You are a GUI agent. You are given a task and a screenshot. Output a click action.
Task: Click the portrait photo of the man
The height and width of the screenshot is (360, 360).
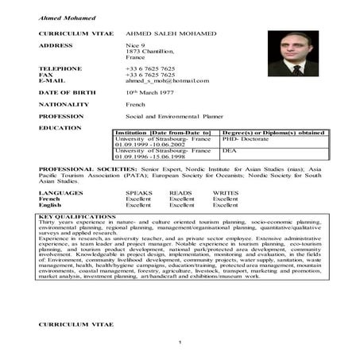(292, 53)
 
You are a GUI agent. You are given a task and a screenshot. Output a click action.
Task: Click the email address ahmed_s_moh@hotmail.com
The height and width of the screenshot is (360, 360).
(167, 80)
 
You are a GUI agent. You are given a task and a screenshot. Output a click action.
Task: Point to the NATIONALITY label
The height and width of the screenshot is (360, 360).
(64, 104)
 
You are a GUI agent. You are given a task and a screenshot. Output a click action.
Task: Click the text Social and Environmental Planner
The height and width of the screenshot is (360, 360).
(173, 116)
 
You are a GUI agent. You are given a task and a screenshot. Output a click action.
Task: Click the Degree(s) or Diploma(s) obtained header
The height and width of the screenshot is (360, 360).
(273, 132)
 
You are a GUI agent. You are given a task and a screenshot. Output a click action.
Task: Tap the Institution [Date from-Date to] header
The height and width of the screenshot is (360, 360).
(163, 132)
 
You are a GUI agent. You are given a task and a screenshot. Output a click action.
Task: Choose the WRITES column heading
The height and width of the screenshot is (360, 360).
(225, 192)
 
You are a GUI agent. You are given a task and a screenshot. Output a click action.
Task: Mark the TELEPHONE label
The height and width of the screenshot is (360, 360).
(60, 68)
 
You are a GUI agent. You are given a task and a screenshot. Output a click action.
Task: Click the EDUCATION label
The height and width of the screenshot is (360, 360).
(60, 127)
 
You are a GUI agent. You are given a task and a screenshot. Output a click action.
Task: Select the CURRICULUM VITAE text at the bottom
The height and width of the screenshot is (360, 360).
(76, 325)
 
